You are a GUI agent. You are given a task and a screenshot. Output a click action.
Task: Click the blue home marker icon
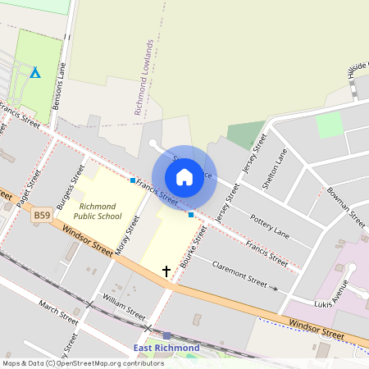pos(184,177)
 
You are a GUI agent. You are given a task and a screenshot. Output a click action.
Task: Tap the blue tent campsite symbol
pos(35,73)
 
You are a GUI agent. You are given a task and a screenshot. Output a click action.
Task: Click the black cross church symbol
pos(166,271)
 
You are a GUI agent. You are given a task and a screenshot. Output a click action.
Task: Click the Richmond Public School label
pos(98,211)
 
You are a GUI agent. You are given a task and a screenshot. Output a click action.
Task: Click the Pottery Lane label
pos(270,227)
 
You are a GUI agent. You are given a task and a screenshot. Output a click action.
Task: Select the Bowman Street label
pos(345,206)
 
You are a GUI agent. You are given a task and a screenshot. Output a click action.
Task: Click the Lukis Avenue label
pos(333,296)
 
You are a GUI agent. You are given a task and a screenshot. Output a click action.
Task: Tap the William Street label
pos(124,308)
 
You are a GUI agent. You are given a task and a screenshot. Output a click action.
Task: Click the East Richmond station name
pos(166,348)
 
